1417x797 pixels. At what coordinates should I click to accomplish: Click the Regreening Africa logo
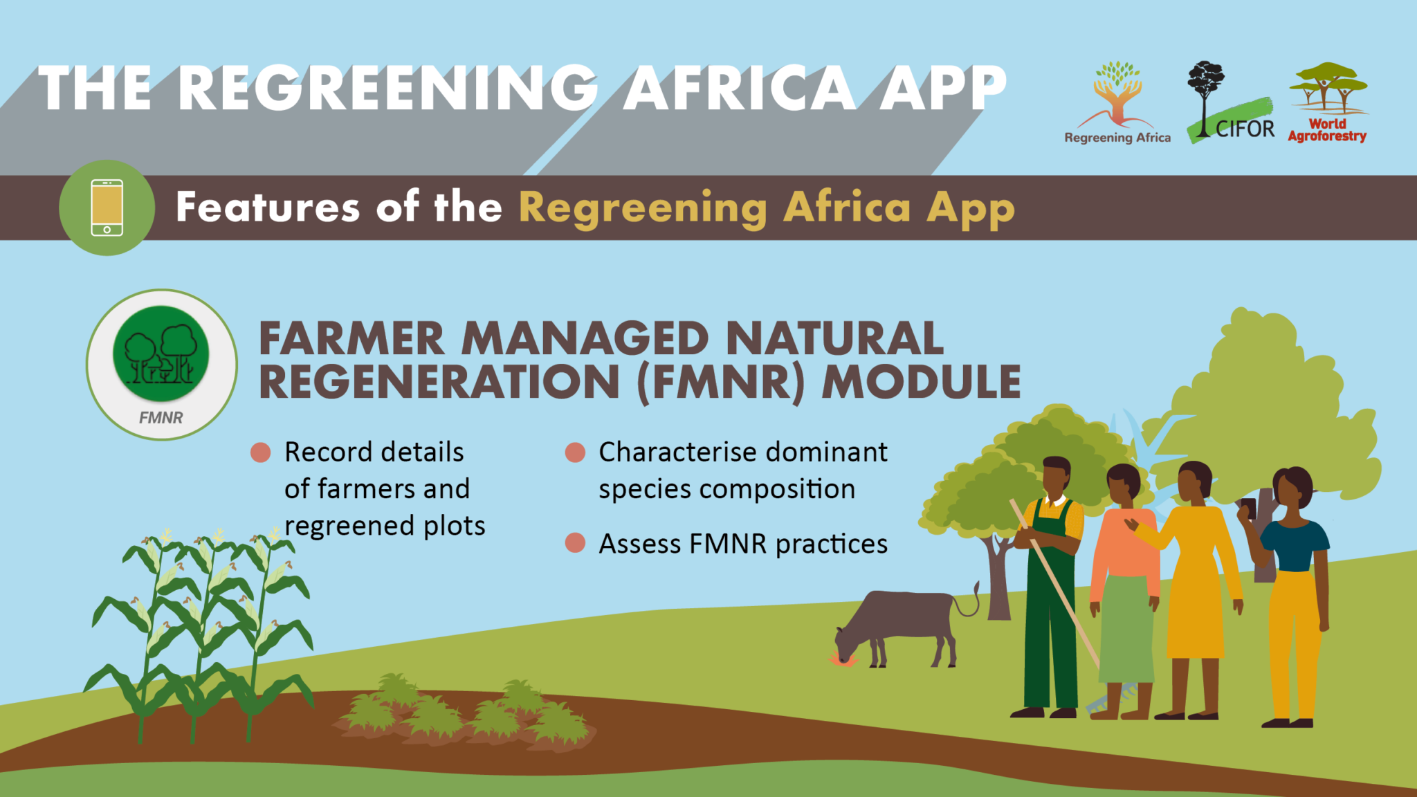1117,102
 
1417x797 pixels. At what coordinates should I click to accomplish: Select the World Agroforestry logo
1328,102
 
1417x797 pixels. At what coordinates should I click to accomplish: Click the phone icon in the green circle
107,208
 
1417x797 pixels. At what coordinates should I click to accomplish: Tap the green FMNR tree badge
161,354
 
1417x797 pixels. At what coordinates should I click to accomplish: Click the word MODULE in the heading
921,382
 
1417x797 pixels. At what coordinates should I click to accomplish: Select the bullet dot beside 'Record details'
260,452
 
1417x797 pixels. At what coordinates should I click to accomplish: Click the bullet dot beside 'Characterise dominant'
575,452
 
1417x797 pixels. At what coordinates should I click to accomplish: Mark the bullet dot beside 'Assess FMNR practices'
575,543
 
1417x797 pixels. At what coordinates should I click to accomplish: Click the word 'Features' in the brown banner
268,207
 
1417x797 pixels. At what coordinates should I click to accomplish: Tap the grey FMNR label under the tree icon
161,418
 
